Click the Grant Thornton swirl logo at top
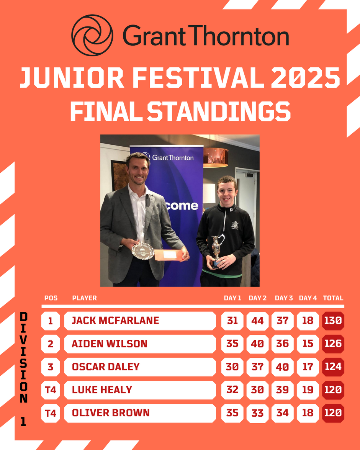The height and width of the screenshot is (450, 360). coord(92,35)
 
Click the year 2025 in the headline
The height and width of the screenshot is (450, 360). coord(306,77)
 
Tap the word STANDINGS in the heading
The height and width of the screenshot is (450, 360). coord(219,111)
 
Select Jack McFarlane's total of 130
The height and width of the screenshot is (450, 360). coord(333,321)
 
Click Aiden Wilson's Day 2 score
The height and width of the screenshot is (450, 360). coord(257,344)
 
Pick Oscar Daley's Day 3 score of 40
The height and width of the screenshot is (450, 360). coord(283,367)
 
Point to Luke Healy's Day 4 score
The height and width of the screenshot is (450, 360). coord(308,390)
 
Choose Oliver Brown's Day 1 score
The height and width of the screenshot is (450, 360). coord(232,413)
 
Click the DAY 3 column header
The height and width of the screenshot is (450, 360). coord(284,298)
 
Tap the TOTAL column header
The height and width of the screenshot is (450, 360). coord(333,298)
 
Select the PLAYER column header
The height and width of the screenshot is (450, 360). coord(84,298)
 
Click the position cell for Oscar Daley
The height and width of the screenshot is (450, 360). coord(51,367)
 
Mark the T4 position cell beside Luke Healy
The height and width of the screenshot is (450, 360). coord(51,390)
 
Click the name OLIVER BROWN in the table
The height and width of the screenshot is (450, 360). coord(111,413)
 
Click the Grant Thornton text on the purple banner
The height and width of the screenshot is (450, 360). coord(173,157)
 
